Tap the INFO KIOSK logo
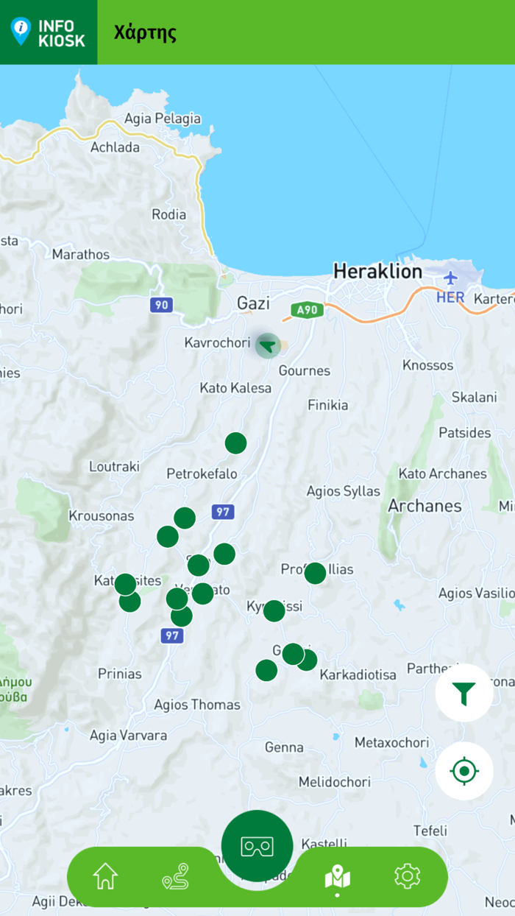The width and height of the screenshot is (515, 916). (x=49, y=32)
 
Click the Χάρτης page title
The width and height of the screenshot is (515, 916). (x=145, y=32)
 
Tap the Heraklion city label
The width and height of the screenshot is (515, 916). (x=378, y=271)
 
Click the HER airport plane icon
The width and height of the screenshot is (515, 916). (x=450, y=278)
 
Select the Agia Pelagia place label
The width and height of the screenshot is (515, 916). (x=163, y=119)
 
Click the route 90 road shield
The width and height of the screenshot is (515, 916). (x=161, y=305)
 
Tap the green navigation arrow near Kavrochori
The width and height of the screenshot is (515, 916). (x=268, y=345)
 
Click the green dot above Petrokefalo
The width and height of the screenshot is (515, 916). (x=235, y=443)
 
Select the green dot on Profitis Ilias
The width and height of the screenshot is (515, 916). (x=315, y=573)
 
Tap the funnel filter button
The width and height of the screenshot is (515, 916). (x=464, y=693)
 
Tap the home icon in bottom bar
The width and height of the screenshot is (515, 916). (x=105, y=876)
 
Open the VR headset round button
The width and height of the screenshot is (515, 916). (x=257, y=846)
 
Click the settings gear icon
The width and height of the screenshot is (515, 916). (x=407, y=876)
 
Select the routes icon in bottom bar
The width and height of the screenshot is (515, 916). (x=176, y=877)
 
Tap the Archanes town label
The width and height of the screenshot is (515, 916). (x=425, y=506)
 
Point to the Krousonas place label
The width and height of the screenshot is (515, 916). (x=102, y=515)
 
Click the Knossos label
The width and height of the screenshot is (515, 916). (x=428, y=365)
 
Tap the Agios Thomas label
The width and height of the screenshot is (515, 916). (x=196, y=705)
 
